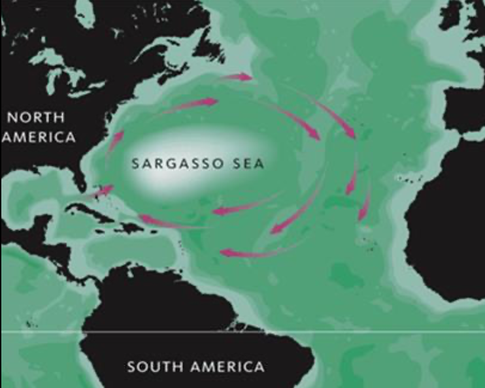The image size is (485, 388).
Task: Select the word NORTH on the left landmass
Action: [x=36, y=118]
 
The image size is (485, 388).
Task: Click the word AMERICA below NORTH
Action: [x=37, y=138]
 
